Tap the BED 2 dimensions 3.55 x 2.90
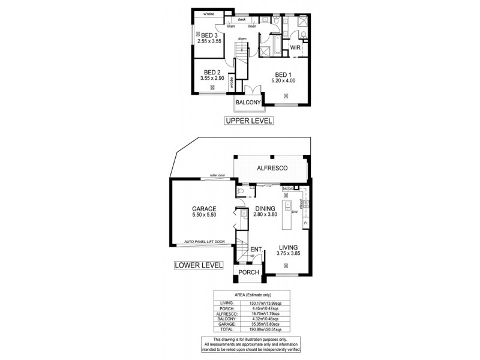pos(212,78)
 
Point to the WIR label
pos(295,47)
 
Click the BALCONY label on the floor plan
pos(247,103)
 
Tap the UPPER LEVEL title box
pos(248,121)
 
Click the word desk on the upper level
pos(242,20)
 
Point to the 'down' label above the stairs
pos(242,39)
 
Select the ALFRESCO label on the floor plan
pos(271,169)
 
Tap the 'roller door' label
pos(217,175)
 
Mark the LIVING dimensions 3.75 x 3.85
pos(288,253)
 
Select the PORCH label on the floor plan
pos(248,272)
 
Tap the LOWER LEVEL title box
pos(198,265)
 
